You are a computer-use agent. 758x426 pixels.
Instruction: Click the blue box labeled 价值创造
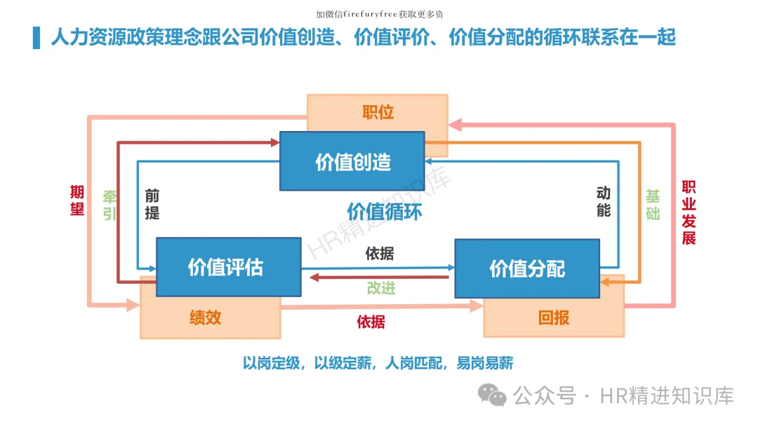pos(352,161)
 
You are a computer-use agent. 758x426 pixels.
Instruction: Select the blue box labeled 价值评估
pos(228,267)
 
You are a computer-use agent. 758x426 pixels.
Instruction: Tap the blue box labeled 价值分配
pos(527,268)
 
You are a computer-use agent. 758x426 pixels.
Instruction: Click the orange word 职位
pos(378,112)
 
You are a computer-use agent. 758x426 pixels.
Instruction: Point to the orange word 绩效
pos(205,317)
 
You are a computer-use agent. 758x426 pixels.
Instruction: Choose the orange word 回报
pos(554,318)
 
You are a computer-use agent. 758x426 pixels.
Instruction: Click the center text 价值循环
pos(385,211)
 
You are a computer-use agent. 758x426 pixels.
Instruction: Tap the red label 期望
pos(77,200)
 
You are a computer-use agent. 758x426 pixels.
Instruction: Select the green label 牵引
pos(110,205)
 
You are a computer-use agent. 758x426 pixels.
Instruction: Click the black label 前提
pos(152,204)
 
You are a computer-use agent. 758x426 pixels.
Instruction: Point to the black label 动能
pos(604,201)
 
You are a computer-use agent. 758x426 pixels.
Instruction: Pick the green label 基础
pos(653,205)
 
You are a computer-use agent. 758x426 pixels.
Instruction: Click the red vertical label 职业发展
pos(689,212)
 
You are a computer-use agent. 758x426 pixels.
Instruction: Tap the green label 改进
pos(380,288)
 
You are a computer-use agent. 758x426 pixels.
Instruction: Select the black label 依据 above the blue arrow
pos(380,254)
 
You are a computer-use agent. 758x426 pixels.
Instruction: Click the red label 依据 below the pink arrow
pos(371,322)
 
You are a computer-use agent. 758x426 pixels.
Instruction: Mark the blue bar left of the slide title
pos(36,37)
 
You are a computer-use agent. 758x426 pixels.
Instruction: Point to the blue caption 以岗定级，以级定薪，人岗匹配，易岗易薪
pos(378,363)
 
